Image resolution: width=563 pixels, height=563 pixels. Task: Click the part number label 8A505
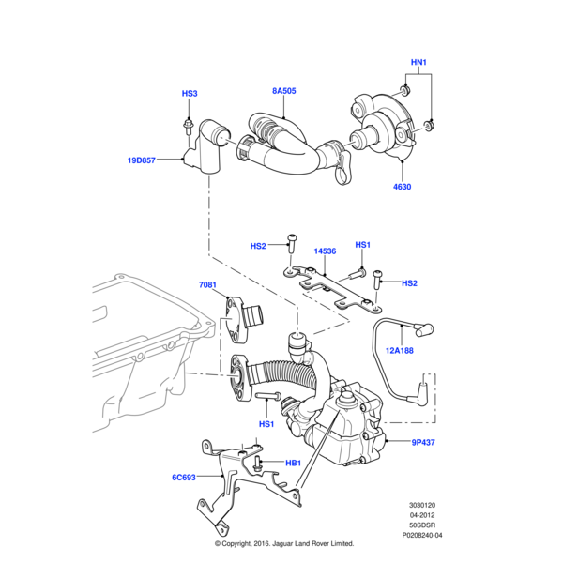pyautogui.click(x=284, y=91)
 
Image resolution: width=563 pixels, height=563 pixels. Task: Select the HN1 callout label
pyautogui.click(x=418, y=64)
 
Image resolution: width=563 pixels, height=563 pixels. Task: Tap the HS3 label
pyautogui.click(x=190, y=94)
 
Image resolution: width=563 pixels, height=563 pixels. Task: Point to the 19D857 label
pyautogui.click(x=142, y=160)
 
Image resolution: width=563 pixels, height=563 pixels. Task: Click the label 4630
pyautogui.click(x=402, y=187)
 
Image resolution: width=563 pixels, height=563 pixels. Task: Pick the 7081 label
pyautogui.click(x=207, y=284)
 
